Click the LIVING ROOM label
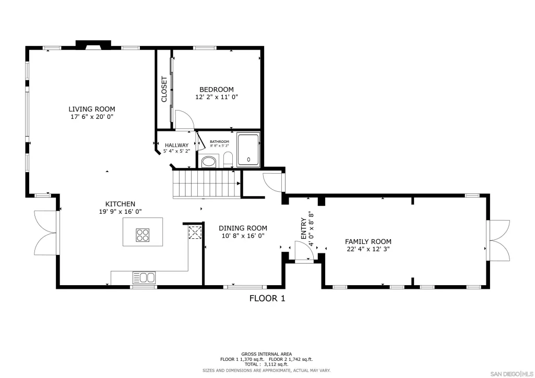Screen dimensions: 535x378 click(x=92, y=109)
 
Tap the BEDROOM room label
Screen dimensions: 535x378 click(x=217, y=90)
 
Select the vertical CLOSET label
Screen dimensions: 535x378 click(x=164, y=89)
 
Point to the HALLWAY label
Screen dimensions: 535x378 click(x=177, y=145)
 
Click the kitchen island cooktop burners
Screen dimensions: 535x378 click(x=142, y=235)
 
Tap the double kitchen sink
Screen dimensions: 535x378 click(x=144, y=278)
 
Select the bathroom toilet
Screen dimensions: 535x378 click(x=228, y=160)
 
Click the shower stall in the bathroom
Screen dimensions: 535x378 click(x=248, y=150)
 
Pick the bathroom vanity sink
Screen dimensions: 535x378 click(x=209, y=162)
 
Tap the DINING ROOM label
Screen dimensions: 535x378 click(x=243, y=228)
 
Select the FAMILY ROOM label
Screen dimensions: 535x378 click(x=368, y=242)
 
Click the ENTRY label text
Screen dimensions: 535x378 click(x=303, y=228)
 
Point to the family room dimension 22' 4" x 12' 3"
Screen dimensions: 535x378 click(x=368, y=249)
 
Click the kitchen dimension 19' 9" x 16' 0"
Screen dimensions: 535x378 click(x=121, y=212)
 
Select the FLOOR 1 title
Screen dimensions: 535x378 click(x=267, y=299)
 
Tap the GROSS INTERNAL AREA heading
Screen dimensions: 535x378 click(x=267, y=354)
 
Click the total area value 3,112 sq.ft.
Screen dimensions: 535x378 click(x=276, y=364)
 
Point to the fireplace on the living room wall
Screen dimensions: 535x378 click(x=93, y=45)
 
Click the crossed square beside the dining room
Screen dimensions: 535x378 click(x=195, y=232)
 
